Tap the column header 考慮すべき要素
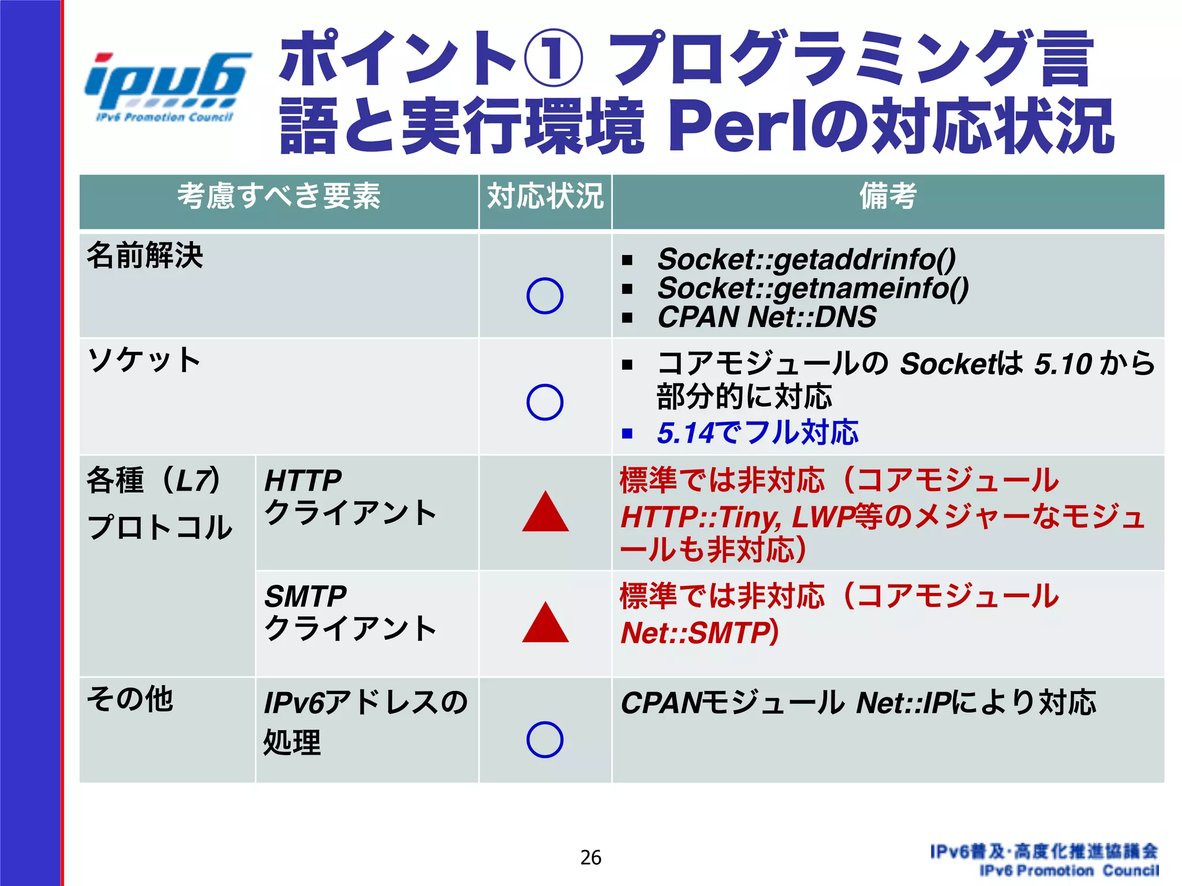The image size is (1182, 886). point(279,196)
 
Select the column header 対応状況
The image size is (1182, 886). point(545,196)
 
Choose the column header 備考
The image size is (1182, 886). point(888,196)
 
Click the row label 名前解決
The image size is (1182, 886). point(145,256)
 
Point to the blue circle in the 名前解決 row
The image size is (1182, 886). point(545,296)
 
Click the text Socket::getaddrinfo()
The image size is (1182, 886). point(806,259)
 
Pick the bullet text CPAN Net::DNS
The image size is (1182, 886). point(766,317)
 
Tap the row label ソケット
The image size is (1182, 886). point(144,360)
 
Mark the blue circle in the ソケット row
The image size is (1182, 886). point(545,402)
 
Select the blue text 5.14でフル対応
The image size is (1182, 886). point(757,433)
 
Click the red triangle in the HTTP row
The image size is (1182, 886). point(545,513)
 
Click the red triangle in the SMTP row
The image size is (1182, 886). point(545,624)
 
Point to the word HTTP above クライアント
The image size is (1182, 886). point(303,480)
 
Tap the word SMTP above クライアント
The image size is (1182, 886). point(305,596)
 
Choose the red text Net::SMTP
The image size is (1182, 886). point(696,633)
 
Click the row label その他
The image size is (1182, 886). point(130,699)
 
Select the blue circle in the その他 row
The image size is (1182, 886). point(545,739)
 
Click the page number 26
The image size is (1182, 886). point(591,858)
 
